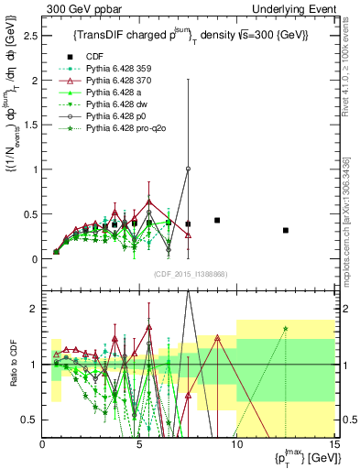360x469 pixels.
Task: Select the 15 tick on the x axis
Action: [x=333, y=445]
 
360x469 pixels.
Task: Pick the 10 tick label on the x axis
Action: [x=236, y=445]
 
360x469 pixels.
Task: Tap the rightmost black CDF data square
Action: [x=286, y=230]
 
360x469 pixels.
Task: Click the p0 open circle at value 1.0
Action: [x=188, y=169]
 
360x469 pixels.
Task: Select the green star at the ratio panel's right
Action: [x=286, y=329]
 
